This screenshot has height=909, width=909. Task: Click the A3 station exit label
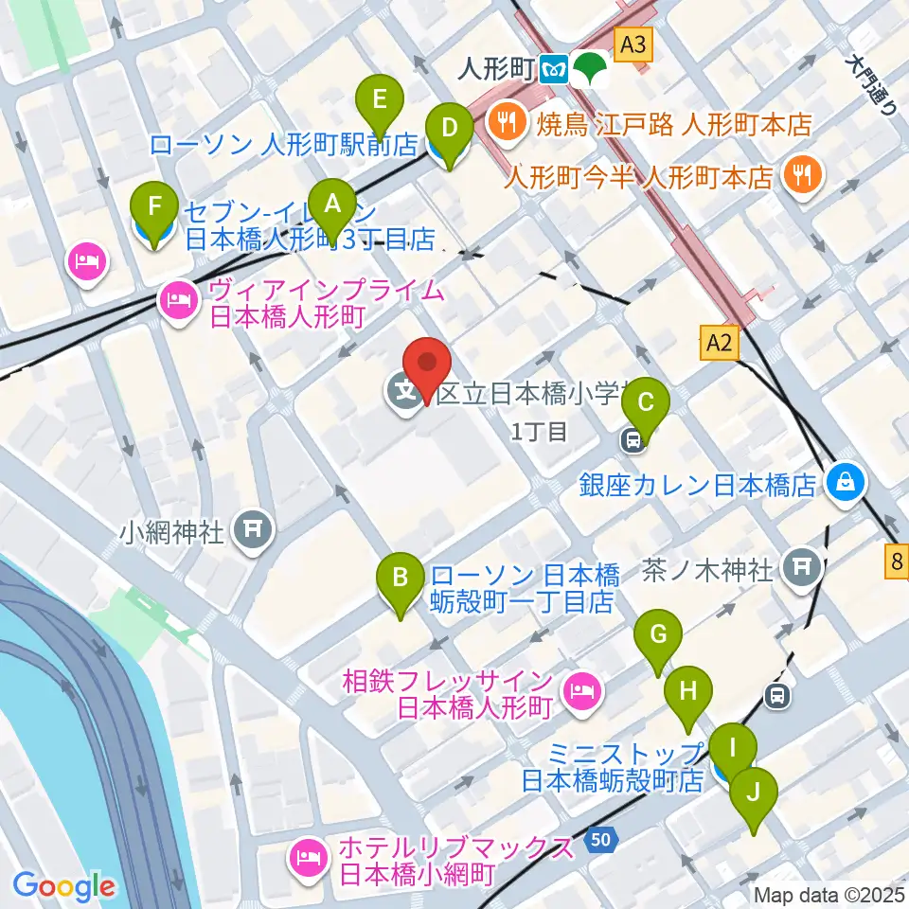(x=634, y=43)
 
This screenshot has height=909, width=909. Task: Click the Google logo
(x=63, y=886)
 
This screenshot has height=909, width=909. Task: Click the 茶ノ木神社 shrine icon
(x=803, y=567)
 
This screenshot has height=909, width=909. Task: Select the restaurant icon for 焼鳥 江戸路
(x=507, y=122)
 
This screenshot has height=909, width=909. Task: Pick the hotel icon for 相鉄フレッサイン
(x=580, y=692)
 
